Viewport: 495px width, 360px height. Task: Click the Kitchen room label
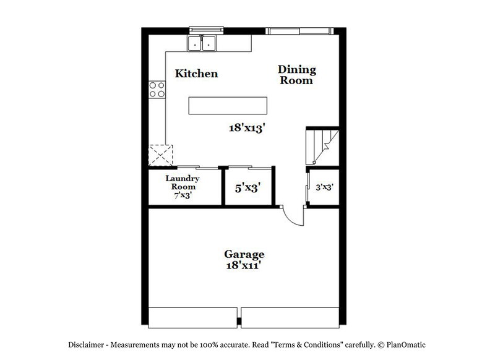[x=197, y=74]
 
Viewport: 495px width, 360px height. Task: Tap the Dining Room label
[x=296, y=74]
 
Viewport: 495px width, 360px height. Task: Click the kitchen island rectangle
[x=228, y=105]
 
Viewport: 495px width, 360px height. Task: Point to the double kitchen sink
[x=202, y=43]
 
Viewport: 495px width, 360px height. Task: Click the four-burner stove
[x=157, y=90]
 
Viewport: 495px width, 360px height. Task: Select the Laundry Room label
[x=181, y=183]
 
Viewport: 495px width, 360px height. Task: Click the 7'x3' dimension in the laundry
[x=181, y=195]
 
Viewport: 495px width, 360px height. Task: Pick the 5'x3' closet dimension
[x=247, y=187]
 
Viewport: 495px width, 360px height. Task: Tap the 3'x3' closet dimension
[x=325, y=187]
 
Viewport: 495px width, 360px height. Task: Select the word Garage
[x=244, y=254]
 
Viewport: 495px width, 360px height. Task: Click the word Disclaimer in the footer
[x=88, y=344]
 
